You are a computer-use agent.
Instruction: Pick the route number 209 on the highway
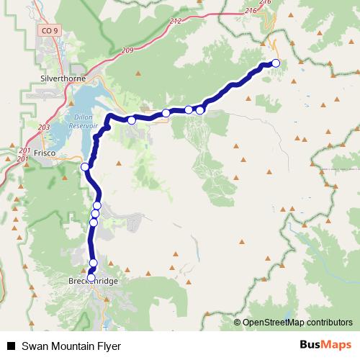(x=128, y=50)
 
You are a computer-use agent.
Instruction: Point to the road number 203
(x=43, y=127)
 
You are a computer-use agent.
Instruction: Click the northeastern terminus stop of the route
(x=275, y=63)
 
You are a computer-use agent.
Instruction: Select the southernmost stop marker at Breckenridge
(x=91, y=277)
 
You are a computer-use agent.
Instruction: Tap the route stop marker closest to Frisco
(x=85, y=167)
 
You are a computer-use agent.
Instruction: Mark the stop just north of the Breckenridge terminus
(x=93, y=263)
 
